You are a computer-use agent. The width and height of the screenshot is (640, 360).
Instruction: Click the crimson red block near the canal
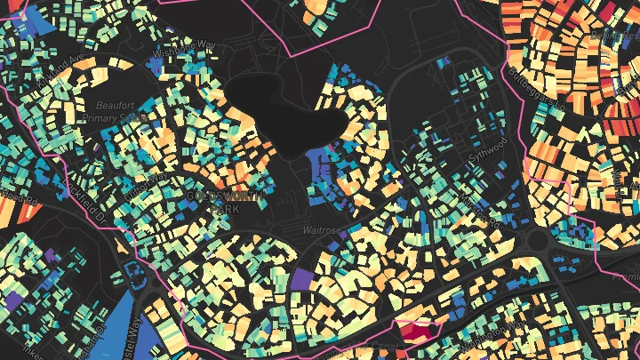419,333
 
